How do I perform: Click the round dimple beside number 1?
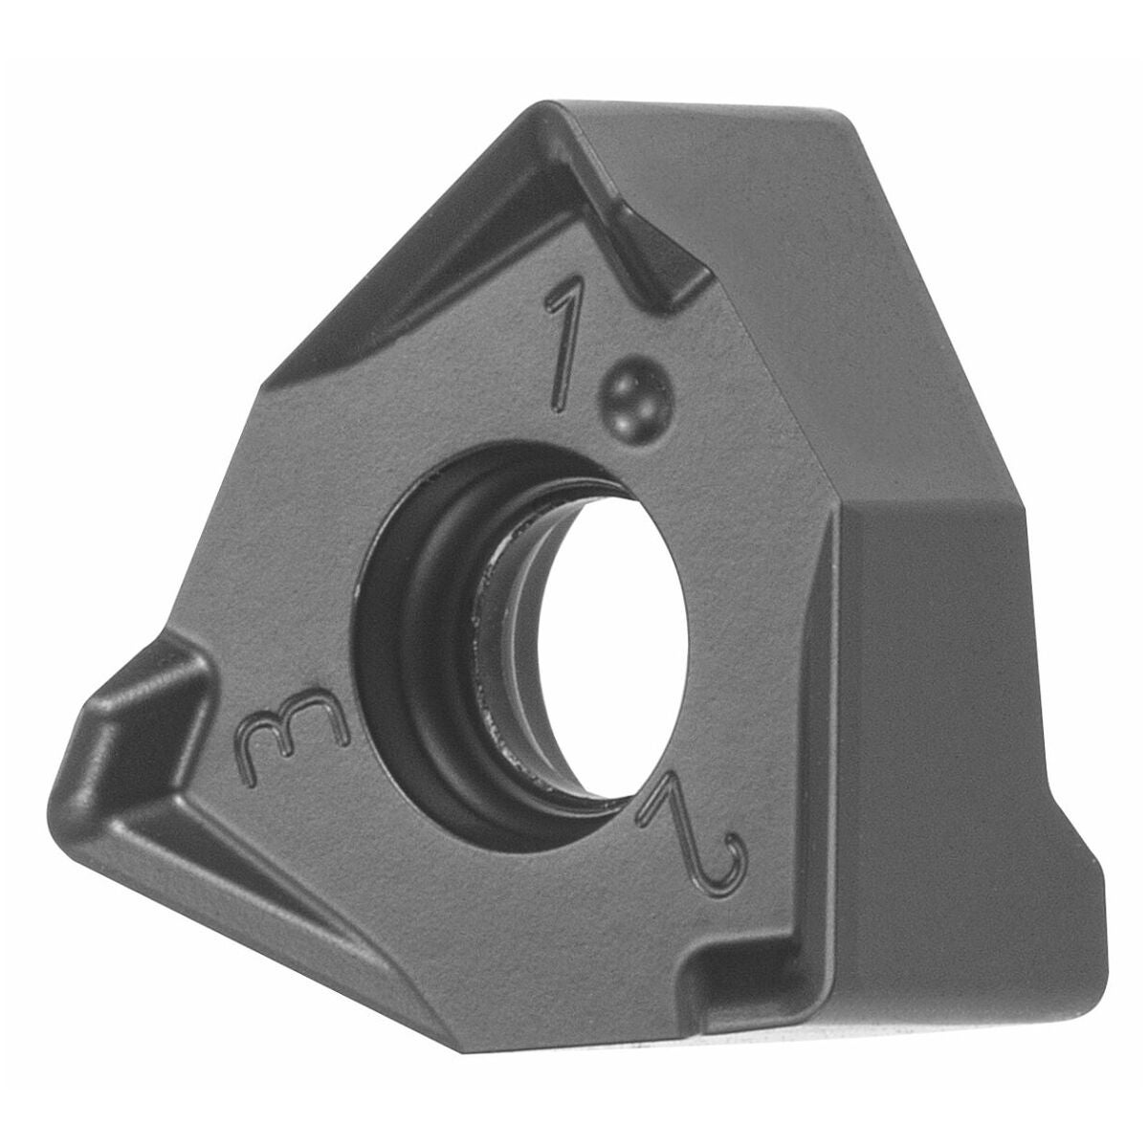click(637, 398)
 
